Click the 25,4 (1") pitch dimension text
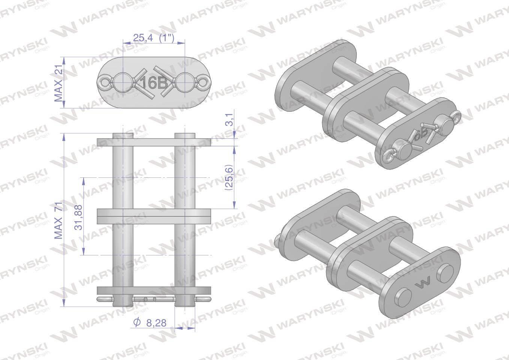pos(153,38)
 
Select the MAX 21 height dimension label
pos(59,82)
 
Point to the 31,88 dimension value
pos(78,217)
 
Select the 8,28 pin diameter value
pos(156,323)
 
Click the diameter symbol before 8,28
pos(137,322)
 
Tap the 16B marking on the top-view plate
pos(154,82)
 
